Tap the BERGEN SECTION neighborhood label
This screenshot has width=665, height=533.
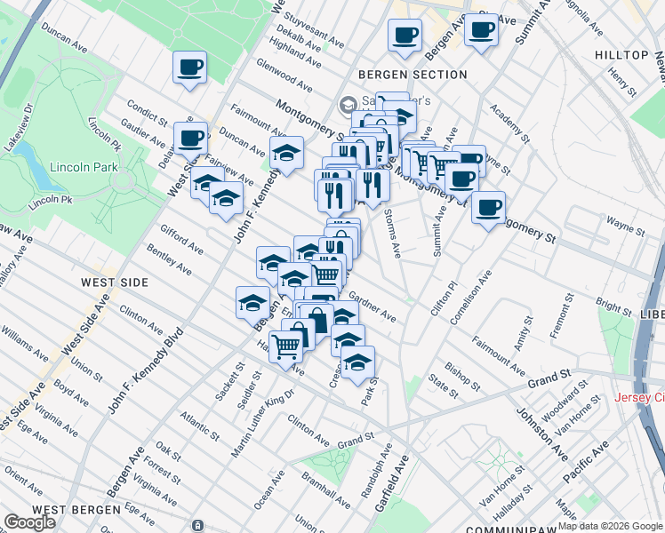coord(413,75)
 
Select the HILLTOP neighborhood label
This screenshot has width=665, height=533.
coord(622,55)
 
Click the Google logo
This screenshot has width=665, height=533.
coord(29,522)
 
